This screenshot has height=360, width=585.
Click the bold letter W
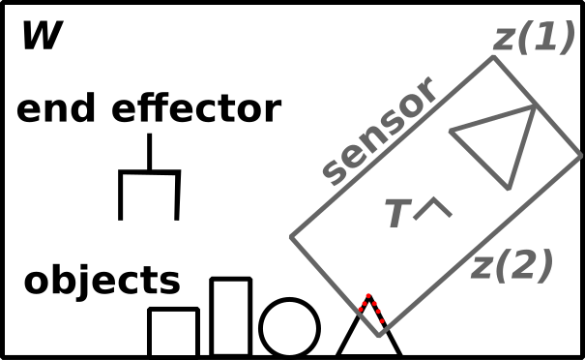[x=42, y=37]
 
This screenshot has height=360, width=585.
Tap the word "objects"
[x=102, y=281]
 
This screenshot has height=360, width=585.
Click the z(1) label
[x=534, y=38]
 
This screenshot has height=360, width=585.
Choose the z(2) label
[x=512, y=265]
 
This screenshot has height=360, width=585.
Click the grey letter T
[x=396, y=214]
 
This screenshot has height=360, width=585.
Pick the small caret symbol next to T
[x=432, y=207]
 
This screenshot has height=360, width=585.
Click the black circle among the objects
[x=289, y=327]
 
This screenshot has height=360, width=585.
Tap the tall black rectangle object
[x=231, y=317]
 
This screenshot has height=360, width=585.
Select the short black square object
[x=173, y=332]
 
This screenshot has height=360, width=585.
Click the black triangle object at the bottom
[x=368, y=334]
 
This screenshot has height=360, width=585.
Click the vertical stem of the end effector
[x=149, y=153]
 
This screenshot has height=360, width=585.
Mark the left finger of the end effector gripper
[x=121, y=196]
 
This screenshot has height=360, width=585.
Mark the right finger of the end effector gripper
[x=178, y=196]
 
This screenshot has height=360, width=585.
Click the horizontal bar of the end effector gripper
[x=149, y=173]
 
